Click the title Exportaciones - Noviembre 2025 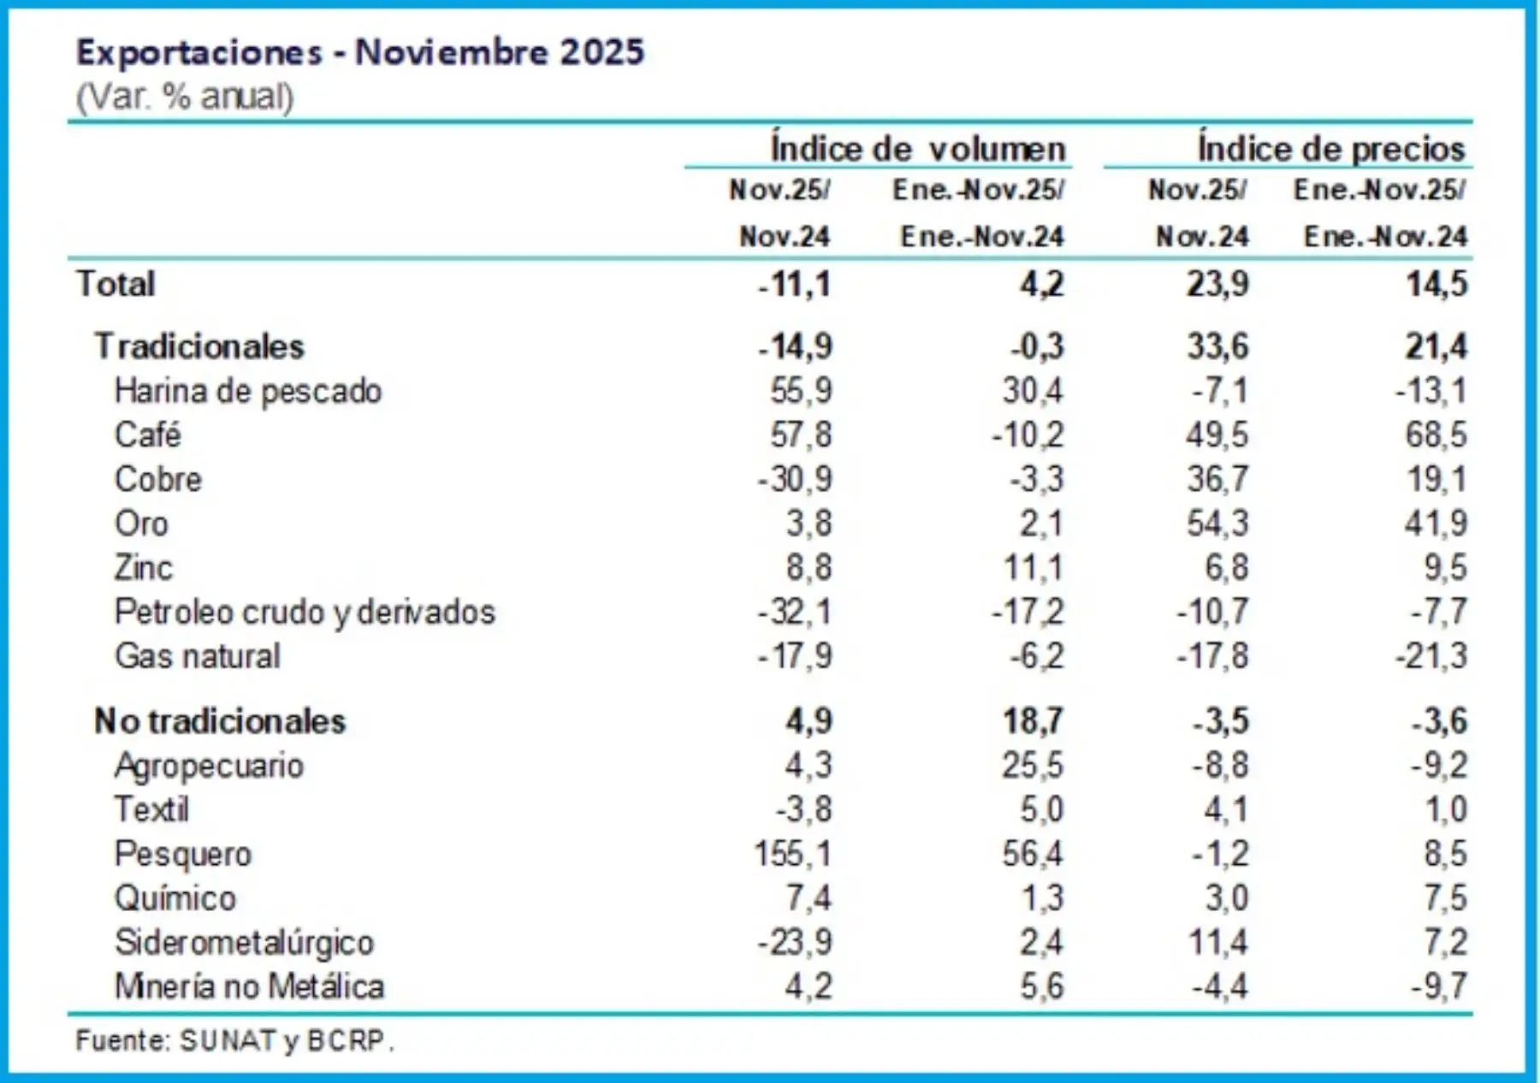point(359,52)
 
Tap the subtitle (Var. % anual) point(185,97)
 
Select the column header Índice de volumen point(918,149)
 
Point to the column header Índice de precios point(1330,149)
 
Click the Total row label point(115,284)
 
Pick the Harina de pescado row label point(248,391)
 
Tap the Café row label point(148,435)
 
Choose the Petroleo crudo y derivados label point(305,612)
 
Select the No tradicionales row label point(220,721)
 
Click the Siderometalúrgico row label point(245,942)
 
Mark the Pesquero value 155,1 point(792,854)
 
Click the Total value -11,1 point(794,284)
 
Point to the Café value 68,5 point(1436,435)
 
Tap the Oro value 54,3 point(1217,523)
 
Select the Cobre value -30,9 point(794,479)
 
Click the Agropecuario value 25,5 point(1033,765)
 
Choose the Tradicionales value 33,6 point(1217,346)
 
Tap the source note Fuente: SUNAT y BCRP point(234,1040)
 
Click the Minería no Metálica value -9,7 point(1439,986)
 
